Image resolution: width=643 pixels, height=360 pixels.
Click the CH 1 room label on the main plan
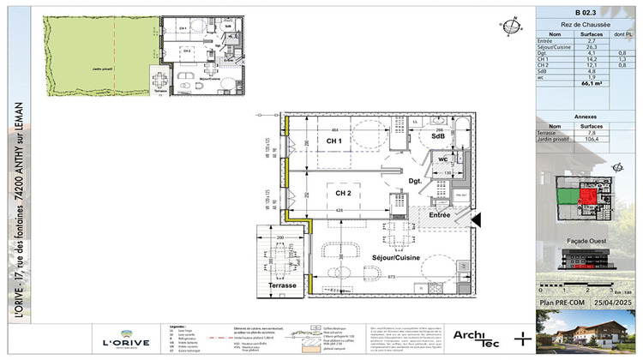[x=334, y=141]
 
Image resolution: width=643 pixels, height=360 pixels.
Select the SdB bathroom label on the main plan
[x=437, y=136]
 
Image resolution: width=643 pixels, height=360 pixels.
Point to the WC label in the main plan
[x=443, y=159]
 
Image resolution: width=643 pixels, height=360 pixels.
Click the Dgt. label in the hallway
[x=415, y=181]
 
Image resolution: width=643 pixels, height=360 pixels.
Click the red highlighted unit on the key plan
[x=586, y=198]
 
